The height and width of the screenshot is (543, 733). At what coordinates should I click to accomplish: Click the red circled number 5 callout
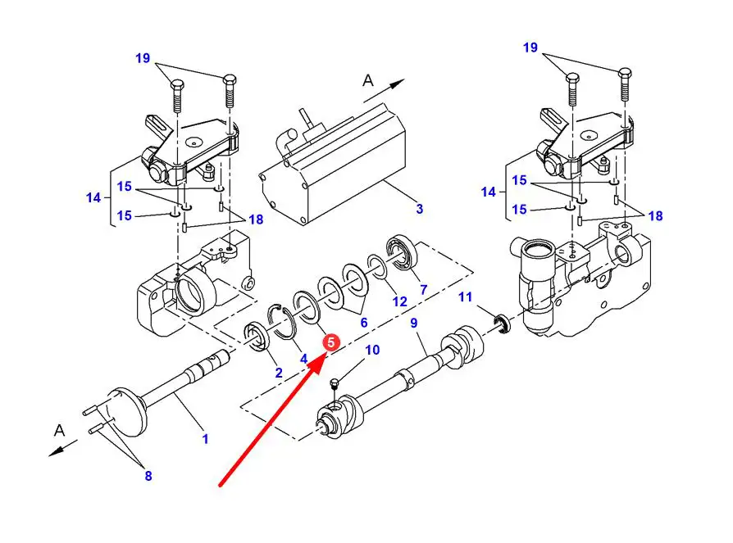(x=331, y=342)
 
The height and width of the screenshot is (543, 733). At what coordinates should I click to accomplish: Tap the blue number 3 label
(x=419, y=209)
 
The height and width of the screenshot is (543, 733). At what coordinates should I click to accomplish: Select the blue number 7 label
(x=424, y=290)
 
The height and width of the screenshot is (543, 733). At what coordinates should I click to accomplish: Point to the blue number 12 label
(x=399, y=301)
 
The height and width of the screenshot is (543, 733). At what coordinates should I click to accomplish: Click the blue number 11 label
(x=465, y=296)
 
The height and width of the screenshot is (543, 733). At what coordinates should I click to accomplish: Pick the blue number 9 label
(x=414, y=323)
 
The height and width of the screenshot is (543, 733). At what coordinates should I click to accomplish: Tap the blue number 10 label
(x=372, y=350)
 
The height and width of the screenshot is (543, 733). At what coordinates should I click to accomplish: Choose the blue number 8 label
(x=148, y=476)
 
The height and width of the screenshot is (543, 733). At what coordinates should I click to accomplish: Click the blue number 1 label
(x=205, y=439)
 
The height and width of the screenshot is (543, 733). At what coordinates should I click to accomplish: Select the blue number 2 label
(x=279, y=373)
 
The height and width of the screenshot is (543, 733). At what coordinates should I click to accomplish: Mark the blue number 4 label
(x=304, y=359)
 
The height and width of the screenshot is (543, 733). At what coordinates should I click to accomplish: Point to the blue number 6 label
(x=364, y=322)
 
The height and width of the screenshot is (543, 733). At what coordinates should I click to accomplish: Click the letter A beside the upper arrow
(x=368, y=80)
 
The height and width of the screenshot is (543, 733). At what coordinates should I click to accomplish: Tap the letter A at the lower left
(x=59, y=430)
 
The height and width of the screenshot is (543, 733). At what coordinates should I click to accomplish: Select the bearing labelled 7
(x=401, y=251)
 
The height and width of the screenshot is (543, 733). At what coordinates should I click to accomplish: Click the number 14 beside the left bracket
(x=93, y=197)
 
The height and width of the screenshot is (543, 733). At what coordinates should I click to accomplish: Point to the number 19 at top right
(x=530, y=48)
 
